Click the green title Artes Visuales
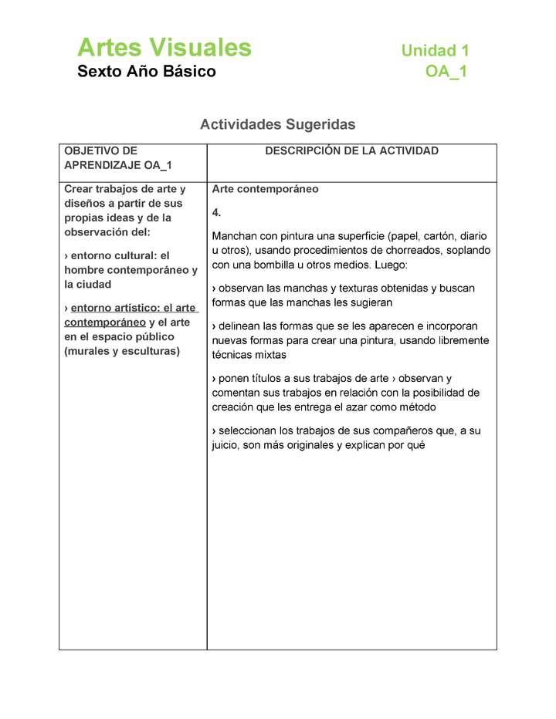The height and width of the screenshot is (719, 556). (x=164, y=48)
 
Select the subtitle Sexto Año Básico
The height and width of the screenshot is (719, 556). (x=146, y=73)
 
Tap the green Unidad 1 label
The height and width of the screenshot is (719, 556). (x=435, y=51)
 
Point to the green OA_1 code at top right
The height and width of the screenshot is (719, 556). (x=446, y=73)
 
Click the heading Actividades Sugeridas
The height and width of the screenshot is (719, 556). (x=277, y=124)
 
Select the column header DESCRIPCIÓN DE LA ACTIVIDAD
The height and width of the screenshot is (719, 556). (x=351, y=151)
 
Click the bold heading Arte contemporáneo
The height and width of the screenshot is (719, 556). (x=265, y=189)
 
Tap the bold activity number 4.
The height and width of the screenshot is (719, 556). (x=216, y=212)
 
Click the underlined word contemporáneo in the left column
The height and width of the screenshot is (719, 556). (x=105, y=322)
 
